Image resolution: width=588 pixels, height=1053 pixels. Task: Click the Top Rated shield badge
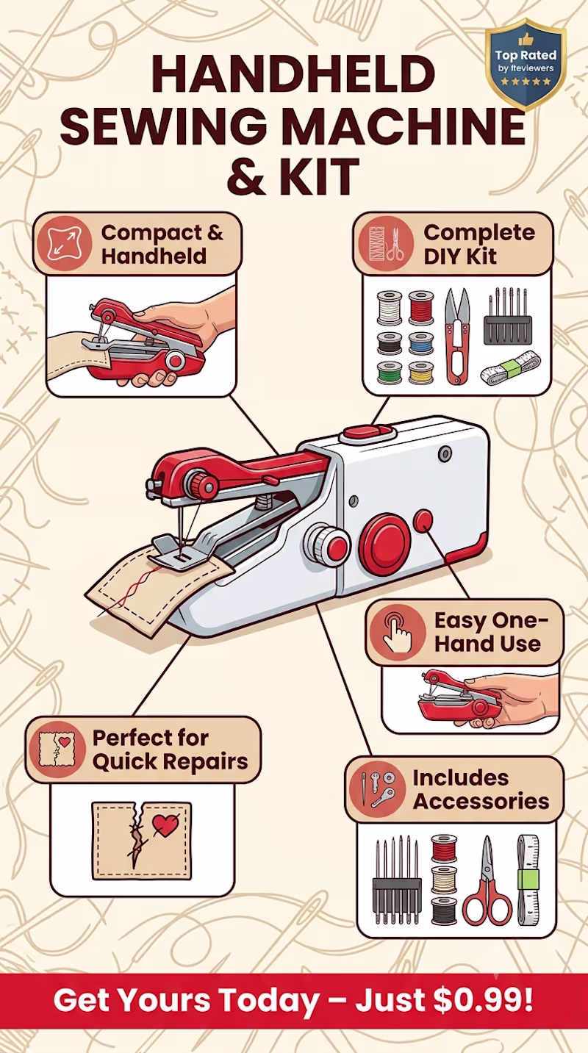(525, 65)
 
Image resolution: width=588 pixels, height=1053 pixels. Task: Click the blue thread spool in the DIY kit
(420, 344)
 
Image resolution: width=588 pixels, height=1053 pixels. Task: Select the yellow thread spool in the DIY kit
(420, 373)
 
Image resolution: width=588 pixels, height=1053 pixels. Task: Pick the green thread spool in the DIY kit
(390, 373)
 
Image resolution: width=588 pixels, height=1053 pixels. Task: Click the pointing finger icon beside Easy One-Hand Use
(397, 632)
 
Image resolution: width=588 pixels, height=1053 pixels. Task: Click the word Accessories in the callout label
(481, 801)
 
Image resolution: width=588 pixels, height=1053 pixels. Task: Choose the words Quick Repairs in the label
(170, 761)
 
